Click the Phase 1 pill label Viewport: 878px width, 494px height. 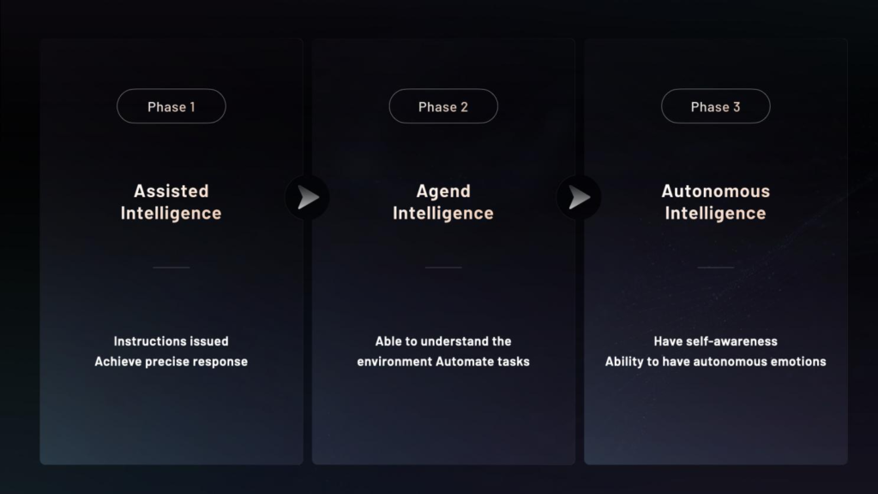click(x=171, y=106)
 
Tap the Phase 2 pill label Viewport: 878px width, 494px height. click(x=443, y=106)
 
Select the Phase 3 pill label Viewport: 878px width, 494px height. click(x=716, y=106)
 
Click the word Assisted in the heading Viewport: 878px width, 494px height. click(x=171, y=191)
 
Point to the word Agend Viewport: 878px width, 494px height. click(x=443, y=191)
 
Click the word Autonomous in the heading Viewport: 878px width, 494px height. click(x=716, y=191)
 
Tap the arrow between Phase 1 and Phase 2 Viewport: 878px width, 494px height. click(x=308, y=197)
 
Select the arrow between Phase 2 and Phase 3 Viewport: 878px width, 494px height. click(x=580, y=197)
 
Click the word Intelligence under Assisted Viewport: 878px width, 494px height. click(x=171, y=214)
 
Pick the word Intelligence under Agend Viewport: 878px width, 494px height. click(x=443, y=214)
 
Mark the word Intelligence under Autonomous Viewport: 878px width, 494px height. click(x=716, y=214)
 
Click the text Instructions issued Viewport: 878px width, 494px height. click(x=171, y=341)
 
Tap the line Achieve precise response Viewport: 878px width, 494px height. click(x=171, y=362)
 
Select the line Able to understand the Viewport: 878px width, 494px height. click(x=443, y=341)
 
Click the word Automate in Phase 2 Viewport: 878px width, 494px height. click(x=460, y=362)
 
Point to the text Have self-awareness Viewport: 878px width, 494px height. click(x=716, y=341)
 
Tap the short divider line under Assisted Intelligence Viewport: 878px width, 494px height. click(x=171, y=268)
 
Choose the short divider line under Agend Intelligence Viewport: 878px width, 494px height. click(x=443, y=268)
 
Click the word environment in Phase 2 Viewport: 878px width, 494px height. click(x=394, y=362)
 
